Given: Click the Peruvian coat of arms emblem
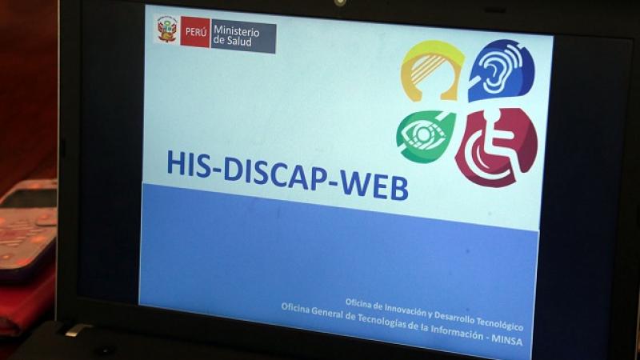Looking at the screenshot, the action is [x=167, y=30].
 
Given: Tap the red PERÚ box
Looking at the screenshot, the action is [x=195, y=32].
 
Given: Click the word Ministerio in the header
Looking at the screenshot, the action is [x=236, y=31].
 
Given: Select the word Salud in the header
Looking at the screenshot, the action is [x=238, y=42].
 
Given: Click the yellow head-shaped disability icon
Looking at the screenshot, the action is [x=432, y=70].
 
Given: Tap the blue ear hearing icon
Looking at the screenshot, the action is [x=502, y=70].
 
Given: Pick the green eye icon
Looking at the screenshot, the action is [x=426, y=136].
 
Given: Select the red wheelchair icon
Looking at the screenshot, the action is [x=496, y=147].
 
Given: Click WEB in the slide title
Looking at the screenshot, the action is [x=374, y=186].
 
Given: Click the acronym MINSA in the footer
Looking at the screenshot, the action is [x=506, y=339].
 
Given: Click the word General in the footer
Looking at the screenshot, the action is [x=327, y=312].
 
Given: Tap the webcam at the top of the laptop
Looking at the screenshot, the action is [x=339, y=3].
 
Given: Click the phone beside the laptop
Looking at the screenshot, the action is [x=27, y=229].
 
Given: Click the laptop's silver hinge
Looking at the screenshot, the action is [x=77, y=330].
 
